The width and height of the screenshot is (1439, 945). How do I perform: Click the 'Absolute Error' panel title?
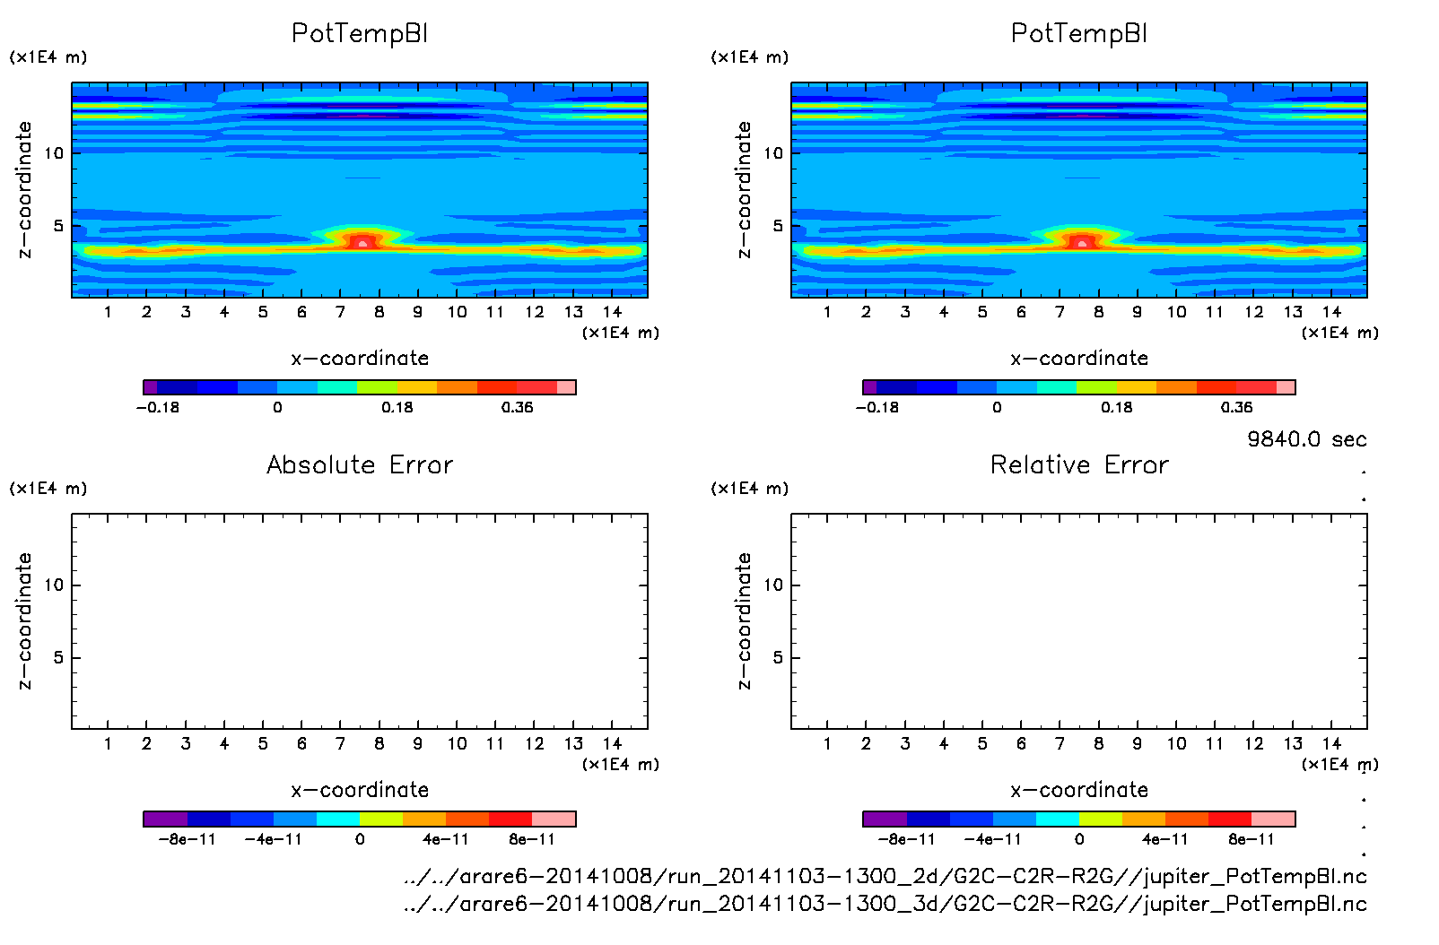tap(360, 464)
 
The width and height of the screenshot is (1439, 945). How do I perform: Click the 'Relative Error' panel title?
tap(1079, 464)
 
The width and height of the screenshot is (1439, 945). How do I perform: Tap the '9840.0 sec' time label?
tap(1306, 439)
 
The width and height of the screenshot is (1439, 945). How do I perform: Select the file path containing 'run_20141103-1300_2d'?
tap(885, 876)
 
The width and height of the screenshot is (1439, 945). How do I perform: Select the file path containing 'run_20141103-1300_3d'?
tap(885, 904)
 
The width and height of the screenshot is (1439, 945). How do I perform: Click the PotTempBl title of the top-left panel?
tap(360, 33)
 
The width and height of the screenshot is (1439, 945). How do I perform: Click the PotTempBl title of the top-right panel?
tap(1079, 33)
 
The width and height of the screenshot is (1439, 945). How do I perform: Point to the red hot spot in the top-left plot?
tap(362, 241)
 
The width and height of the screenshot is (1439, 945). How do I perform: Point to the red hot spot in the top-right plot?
tap(1082, 241)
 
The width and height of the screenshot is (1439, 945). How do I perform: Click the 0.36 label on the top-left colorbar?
tap(517, 407)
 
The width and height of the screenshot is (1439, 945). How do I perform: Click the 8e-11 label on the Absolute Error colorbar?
tap(532, 839)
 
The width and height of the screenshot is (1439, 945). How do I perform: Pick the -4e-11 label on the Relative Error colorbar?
tap(992, 839)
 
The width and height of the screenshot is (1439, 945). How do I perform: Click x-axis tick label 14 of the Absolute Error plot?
tap(612, 743)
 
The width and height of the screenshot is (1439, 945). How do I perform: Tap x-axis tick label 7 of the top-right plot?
tap(1060, 312)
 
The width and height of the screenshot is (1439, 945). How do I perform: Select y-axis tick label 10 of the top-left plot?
tap(55, 153)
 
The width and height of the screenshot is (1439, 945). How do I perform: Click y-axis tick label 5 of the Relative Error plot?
tap(778, 658)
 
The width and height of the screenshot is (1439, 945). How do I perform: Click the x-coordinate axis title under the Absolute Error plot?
tap(360, 790)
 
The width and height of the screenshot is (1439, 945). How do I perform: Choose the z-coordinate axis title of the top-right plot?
tap(745, 190)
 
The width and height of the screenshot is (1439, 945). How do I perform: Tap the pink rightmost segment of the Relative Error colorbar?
tap(1274, 819)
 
